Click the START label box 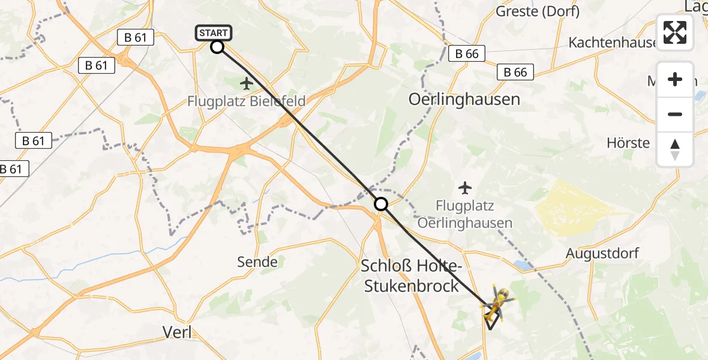[213, 33]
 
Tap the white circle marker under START [217, 47]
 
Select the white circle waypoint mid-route [381, 205]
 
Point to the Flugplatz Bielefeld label [246, 101]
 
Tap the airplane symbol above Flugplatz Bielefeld [247, 83]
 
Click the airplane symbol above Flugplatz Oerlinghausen [465, 188]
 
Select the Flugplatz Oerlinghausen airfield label [465, 215]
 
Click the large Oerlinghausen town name [464, 99]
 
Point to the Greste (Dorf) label [538, 11]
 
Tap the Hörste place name [628, 143]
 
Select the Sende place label [257, 262]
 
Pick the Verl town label [178, 332]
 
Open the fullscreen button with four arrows [675, 32]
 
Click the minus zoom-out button [675, 114]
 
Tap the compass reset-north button [675, 149]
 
